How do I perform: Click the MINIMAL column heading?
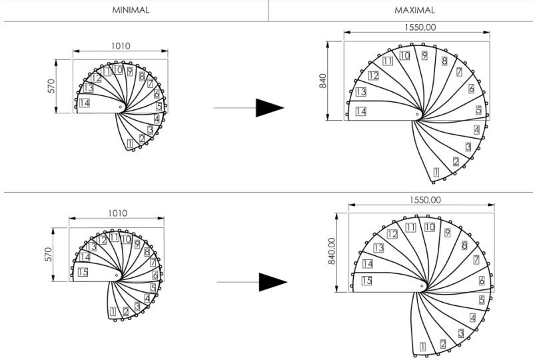131,10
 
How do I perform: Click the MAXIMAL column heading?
414,10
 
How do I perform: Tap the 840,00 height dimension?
332,251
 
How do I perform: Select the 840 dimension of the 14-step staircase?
322,81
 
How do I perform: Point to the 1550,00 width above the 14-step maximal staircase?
420,27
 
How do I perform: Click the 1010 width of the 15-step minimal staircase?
118,213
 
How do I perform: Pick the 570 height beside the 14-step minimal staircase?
51,86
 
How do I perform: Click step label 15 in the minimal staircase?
83,272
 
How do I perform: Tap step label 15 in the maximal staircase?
366,281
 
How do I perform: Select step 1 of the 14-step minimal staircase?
129,143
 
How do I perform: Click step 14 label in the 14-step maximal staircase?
360,111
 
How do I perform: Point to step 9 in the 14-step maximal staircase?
424,55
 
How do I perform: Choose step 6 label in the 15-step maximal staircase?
482,281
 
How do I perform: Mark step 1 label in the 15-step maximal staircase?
422,347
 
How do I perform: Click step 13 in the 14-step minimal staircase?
88,88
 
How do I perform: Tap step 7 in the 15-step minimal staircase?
153,263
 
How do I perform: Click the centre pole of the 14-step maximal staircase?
417,114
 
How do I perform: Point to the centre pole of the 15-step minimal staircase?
117,275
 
